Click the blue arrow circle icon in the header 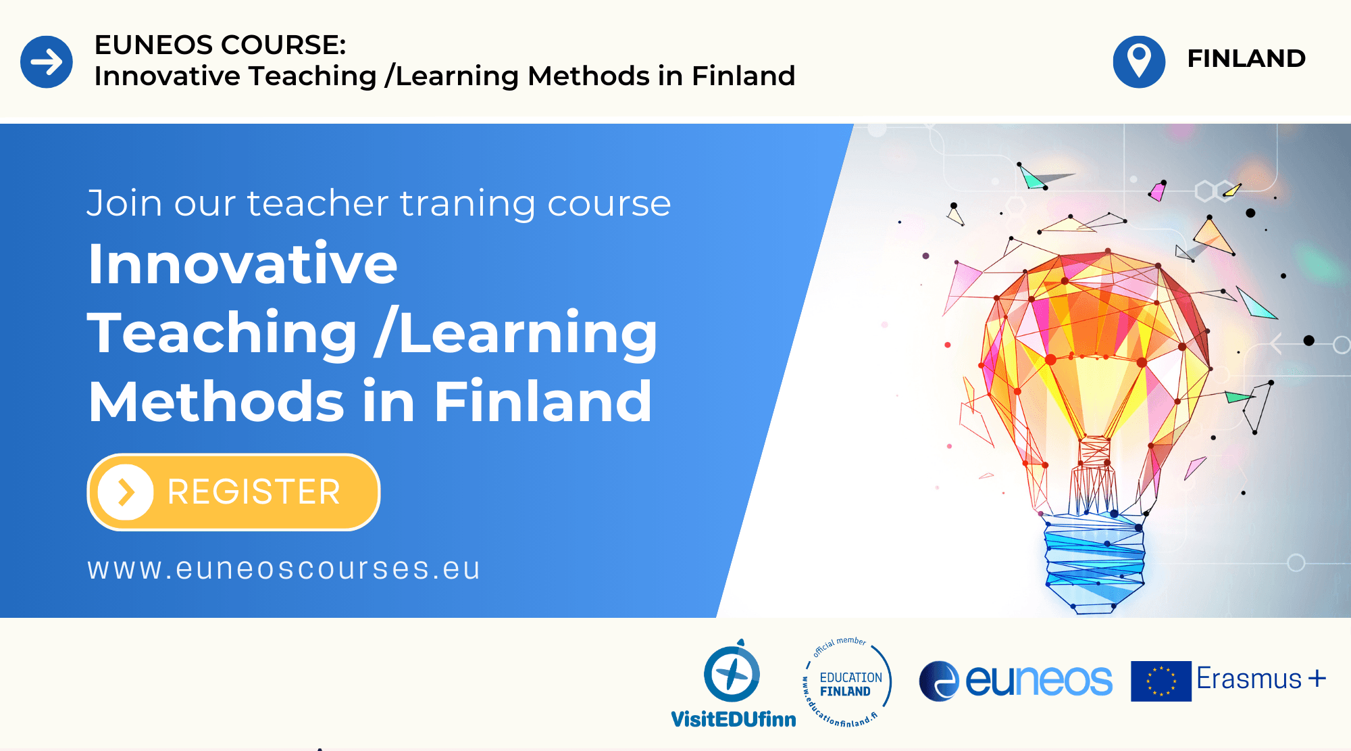coord(47,62)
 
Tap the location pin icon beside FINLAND coord(1139,62)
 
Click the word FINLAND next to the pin coord(1246,59)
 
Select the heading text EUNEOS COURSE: coord(220,45)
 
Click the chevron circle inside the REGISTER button coord(126,492)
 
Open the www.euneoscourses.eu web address coord(284,568)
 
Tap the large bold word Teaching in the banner coord(222,333)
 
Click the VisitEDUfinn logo coord(734,683)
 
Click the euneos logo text coord(1039,681)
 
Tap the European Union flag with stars coord(1161,681)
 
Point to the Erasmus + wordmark coord(1261,678)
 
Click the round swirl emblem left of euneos coord(939,681)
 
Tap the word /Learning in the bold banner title coord(516,333)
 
